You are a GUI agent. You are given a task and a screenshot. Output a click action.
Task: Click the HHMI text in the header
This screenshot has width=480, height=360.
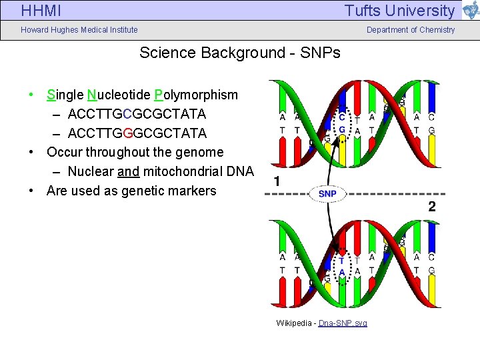[x=41, y=11]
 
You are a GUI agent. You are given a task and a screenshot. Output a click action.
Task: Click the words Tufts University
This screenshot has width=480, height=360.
[x=399, y=11]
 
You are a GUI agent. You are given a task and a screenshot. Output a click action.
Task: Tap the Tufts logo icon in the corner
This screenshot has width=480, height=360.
[x=470, y=10]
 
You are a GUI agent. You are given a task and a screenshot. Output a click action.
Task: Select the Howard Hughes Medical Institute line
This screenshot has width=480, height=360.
[x=79, y=29]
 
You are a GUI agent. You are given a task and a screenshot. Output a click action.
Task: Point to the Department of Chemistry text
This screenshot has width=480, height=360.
[x=411, y=29]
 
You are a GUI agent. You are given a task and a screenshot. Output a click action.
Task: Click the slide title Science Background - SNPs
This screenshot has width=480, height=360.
[x=240, y=53]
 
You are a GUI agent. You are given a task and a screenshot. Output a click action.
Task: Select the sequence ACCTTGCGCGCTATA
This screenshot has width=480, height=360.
[x=137, y=114]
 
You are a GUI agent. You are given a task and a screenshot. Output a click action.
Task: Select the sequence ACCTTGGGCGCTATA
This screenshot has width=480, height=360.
[x=137, y=133]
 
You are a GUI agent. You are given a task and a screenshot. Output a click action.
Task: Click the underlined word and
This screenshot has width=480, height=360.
[x=128, y=171]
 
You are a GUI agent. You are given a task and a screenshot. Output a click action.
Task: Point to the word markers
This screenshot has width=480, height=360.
[x=193, y=191]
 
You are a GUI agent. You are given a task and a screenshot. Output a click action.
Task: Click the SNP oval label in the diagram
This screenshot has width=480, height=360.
[x=327, y=193]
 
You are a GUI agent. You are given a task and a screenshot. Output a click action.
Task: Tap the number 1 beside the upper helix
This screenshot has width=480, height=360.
[x=277, y=181]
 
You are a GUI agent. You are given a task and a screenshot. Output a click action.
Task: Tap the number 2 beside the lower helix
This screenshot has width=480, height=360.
[x=432, y=207]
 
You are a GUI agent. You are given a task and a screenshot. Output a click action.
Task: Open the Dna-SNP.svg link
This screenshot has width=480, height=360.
[x=343, y=323]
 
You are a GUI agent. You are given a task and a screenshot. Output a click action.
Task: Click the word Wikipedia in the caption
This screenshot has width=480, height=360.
[x=293, y=323]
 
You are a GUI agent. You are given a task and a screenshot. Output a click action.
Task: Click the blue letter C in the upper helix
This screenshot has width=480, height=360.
[x=342, y=116]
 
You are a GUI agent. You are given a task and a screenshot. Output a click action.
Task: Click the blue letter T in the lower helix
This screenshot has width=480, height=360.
[x=342, y=261]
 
